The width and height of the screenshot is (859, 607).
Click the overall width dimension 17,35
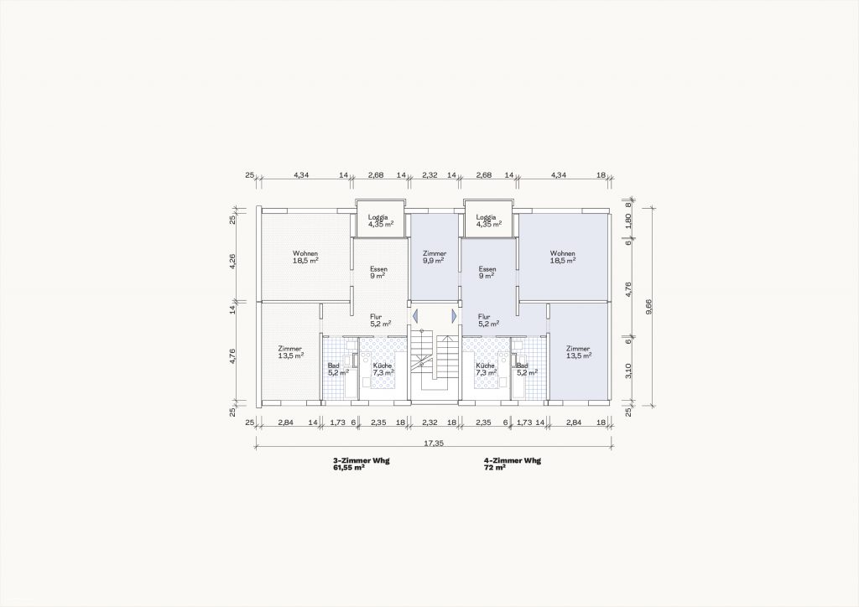[434, 444]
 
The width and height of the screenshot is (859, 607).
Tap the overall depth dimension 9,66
[648, 307]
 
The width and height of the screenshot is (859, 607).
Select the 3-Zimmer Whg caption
[361, 461]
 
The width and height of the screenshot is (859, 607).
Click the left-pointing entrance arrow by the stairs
[414, 316]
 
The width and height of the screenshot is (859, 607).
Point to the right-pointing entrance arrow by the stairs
[454, 316]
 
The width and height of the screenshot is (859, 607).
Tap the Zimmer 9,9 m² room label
[435, 257]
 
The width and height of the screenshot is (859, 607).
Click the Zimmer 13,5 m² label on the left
[290, 352]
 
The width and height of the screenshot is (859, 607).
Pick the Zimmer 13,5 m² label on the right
[579, 352]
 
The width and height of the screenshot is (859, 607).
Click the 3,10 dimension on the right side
[628, 371]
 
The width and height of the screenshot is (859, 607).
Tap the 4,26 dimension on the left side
[232, 261]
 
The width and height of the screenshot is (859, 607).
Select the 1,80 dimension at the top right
[628, 220]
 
